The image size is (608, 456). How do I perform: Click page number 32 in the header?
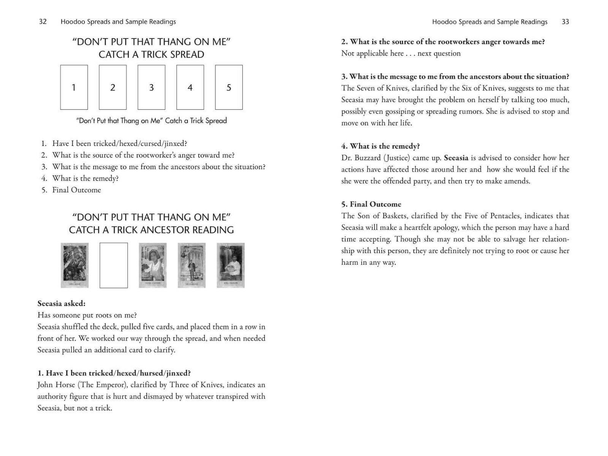[43, 22]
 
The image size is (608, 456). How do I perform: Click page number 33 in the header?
[565, 22]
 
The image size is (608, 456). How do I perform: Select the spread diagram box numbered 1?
[74, 87]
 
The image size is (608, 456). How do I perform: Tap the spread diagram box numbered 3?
[151, 87]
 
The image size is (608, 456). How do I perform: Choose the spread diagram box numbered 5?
[229, 87]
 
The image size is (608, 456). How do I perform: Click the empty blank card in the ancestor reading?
[114, 265]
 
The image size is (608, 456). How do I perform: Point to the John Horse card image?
[74, 265]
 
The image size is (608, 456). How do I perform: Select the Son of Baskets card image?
[231, 265]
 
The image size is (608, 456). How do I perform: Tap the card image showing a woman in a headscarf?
[152, 265]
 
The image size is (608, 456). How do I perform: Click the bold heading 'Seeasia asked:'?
[62, 304]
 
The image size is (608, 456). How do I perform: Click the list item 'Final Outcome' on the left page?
[76, 190]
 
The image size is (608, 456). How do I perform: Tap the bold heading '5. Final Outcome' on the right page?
[371, 204]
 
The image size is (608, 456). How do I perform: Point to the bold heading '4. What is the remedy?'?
[381, 146]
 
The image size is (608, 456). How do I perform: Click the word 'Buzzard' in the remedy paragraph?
[370, 158]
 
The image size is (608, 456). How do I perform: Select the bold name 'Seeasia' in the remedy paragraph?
[456, 158]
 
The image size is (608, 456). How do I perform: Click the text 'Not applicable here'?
[372, 54]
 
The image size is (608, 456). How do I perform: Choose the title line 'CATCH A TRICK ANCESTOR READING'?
[151, 230]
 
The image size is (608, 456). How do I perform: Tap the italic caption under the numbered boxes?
[151, 121]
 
